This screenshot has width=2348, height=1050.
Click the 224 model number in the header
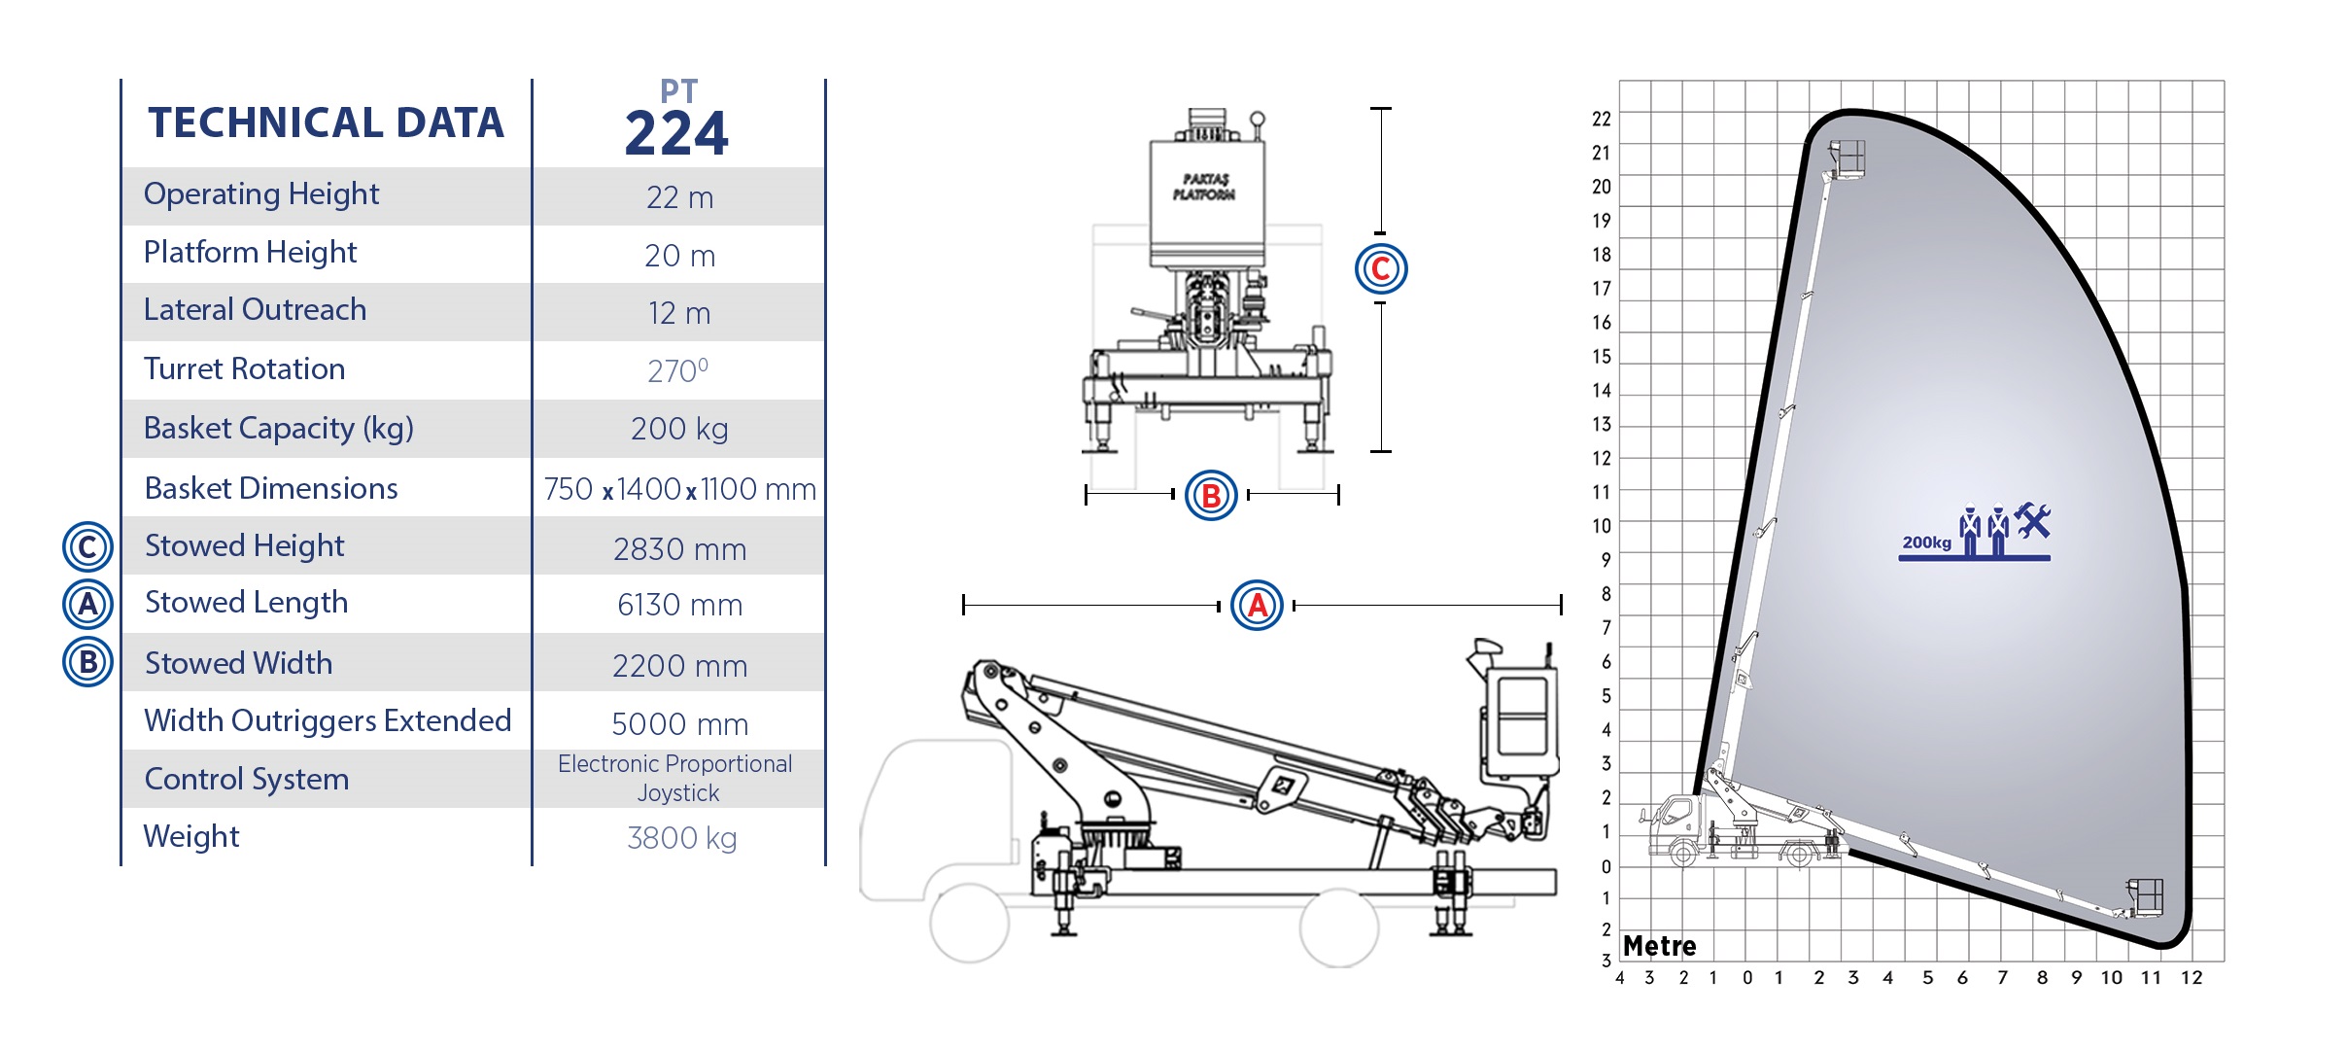676,134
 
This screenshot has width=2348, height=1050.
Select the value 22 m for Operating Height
679,197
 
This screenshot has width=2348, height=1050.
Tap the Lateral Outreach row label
255,309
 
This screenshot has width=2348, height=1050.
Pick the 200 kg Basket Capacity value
679,429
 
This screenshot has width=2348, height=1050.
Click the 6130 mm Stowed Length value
679,605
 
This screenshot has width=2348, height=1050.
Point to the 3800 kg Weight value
681,838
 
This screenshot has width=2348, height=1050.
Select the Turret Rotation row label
245,368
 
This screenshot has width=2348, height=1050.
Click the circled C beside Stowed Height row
87,546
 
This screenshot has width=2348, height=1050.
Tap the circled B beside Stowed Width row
87,662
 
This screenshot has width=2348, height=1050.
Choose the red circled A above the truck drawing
1257,605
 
